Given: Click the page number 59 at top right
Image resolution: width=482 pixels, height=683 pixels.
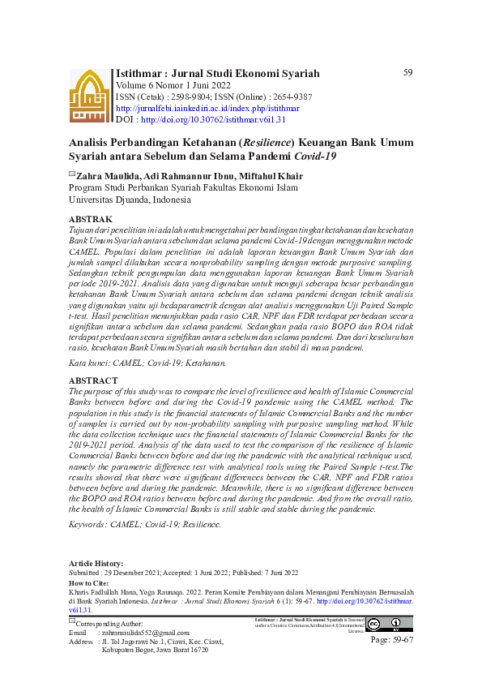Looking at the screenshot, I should click(x=407, y=73).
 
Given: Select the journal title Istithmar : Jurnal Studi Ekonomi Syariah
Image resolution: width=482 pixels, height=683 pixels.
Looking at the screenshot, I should click(x=218, y=74).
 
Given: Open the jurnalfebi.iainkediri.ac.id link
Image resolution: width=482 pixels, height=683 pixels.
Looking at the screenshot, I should click(x=207, y=108).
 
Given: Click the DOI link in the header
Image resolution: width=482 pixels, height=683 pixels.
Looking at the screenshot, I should click(x=213, y=119).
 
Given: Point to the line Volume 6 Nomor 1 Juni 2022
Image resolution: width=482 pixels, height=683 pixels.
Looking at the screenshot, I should click(x=173, y=85).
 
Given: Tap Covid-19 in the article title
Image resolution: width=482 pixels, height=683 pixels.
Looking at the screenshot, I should click(x=316, y=156).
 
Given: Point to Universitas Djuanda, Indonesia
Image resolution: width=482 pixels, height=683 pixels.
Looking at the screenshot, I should click(x=130, y=199).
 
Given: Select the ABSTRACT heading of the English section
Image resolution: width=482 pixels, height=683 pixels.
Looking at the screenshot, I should click(x=94, y=380).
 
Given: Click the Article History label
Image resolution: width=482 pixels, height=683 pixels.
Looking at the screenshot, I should click(x=96, y=563).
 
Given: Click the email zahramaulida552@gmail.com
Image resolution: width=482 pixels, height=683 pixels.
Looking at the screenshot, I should click(x=144, y=633).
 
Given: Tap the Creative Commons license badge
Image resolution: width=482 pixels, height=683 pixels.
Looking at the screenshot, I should click(x=384, y=624).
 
